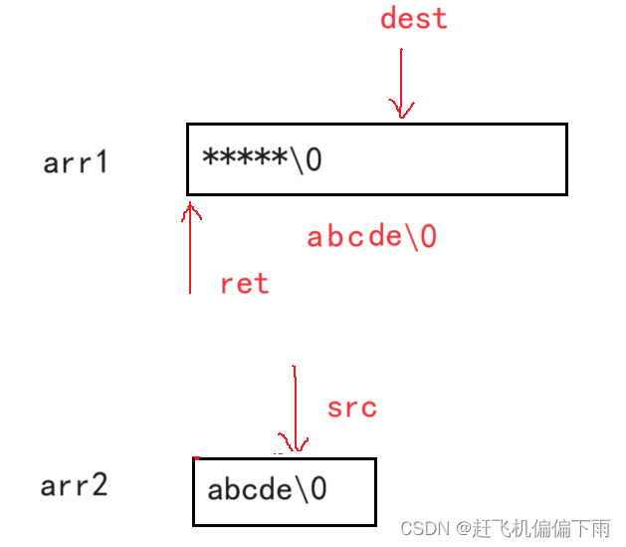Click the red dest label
[x=414, y=19]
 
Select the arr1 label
[x=76, y=162]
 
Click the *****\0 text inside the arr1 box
[x=262, y=159]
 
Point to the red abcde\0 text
[x=371, y=237]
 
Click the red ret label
[x=244, y=284]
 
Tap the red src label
[x=351, y=408]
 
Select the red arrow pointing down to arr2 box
[x=294, y=409]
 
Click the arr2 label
[x=74, y=486]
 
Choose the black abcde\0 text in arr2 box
[x=267, y=490]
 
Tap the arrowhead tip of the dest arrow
[x=401, y=116]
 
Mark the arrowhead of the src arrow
[x=294, y=448]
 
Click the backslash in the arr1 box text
[x=299, y=159]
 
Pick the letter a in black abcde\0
[x=216, y=491]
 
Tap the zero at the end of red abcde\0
[x=428, y=237]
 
